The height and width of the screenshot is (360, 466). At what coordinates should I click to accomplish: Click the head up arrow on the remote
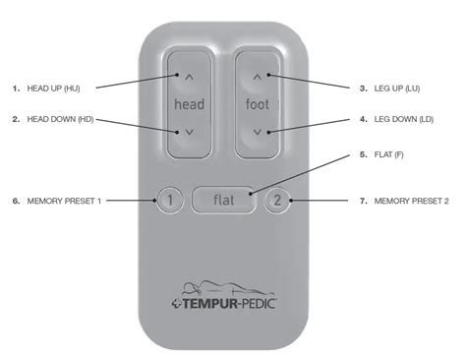[190, 78]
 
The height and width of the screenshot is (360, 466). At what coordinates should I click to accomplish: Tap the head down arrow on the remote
[190, 132]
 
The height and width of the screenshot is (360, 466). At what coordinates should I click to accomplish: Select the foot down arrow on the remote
[258, 132]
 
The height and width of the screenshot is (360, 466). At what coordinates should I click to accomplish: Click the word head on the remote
[190, 104]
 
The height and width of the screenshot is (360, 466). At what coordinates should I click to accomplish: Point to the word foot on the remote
[258, 104]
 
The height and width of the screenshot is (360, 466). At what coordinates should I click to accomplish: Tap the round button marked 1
[170, 200]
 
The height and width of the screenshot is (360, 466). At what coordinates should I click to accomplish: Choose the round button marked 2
[277, 200]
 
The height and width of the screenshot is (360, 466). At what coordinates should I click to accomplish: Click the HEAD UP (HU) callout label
[53, 89]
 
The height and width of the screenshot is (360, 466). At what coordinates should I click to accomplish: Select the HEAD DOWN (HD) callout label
[60, 119]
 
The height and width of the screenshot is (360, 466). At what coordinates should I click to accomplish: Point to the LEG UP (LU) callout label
[397, 89]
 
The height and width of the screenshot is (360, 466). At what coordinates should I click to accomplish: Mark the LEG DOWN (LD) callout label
[404, 119]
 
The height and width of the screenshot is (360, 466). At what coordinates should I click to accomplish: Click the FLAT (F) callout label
[388, 154]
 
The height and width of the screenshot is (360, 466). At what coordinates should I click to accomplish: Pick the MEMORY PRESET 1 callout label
[64, 201]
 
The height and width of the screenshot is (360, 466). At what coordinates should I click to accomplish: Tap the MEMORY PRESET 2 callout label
[411, 201]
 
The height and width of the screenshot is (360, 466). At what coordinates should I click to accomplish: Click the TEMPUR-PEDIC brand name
[228, 303]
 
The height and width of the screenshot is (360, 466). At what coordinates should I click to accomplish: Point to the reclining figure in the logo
[228, 288]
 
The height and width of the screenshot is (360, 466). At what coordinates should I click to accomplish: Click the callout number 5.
[363, 154]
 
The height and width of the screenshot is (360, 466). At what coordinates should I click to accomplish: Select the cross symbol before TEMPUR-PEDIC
[176, 304]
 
